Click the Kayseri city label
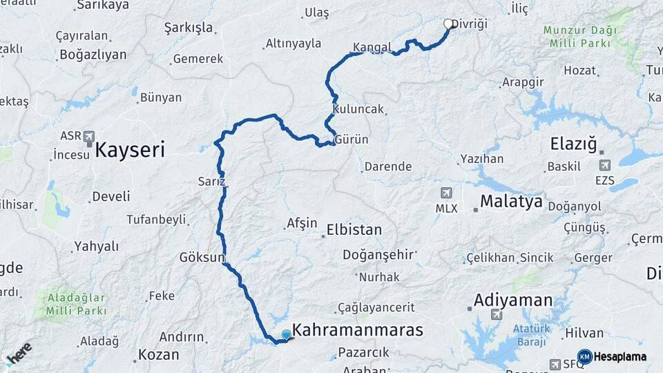pyautogui.click(x=130, y=149)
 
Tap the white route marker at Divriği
pyautogui.click(x=448, y=24)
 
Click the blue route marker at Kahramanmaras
pyautogui.click(x=286, y=335)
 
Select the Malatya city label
pyautogui.click(x=511, y=202)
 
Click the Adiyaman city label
pyautogui.click(x=513, y=300)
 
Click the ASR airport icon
pyautogui.click(x=88, y=137)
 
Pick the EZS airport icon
pyautogui.click(x=606, y=165)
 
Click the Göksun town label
pyautogui.click(x=202, y=258)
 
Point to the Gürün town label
pyautogui.click(x=352, y=140)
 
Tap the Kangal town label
pyautogui.click(x=372, y=48)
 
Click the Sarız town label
pyautogui.click(x=211, y=182)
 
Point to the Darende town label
pyautogui.click(x=387, y=166)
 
